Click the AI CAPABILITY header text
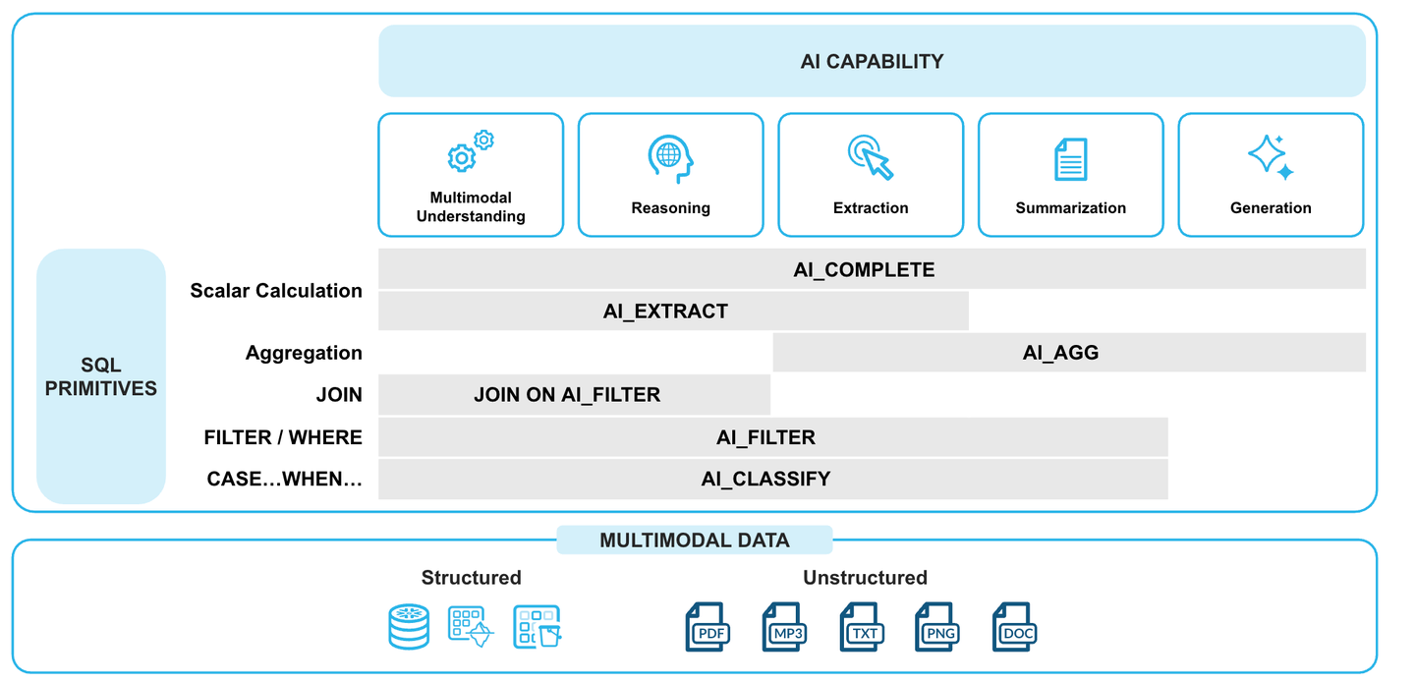872,61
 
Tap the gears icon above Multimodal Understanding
471,151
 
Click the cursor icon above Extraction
871,157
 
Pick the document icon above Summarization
1070,159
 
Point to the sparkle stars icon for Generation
1270,157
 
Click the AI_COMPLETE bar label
864,269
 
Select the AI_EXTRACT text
665,312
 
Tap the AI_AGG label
1060,353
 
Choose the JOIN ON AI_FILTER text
567,395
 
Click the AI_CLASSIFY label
765,479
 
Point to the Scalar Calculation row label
276,291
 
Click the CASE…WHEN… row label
284,480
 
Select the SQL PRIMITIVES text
100,376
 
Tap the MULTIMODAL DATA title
694,541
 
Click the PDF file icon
706,627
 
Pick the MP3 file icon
783,627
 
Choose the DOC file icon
1013,627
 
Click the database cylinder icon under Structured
409,627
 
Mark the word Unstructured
865,578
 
